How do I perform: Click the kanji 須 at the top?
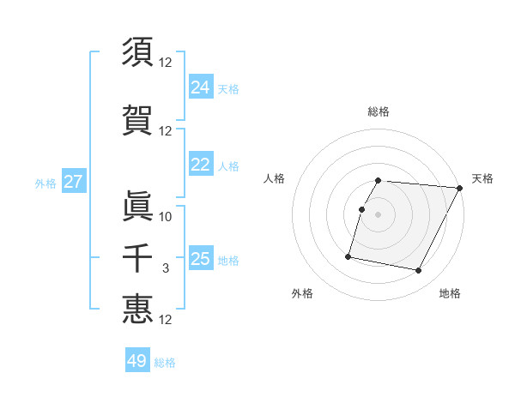(138, 51)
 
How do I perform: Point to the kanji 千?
(138, 257)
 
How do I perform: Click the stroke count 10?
(167, 216)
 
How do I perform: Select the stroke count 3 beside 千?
(167, 269)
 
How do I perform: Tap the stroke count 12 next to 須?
(167, 63)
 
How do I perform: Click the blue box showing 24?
(201, 87)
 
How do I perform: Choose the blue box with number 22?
(201, 165)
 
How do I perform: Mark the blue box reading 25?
(201, 259)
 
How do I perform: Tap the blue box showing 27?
(73, 182)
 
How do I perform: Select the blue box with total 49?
(137, 361)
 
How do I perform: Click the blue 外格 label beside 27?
(45, 183)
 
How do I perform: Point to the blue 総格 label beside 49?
(165, 363)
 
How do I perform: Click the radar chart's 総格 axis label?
(379, 111)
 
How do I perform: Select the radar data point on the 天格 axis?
(460, 188)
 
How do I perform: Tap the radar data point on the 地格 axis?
(419, 271)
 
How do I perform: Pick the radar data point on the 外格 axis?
(348, 256)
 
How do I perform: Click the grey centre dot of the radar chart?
(379, 215)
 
